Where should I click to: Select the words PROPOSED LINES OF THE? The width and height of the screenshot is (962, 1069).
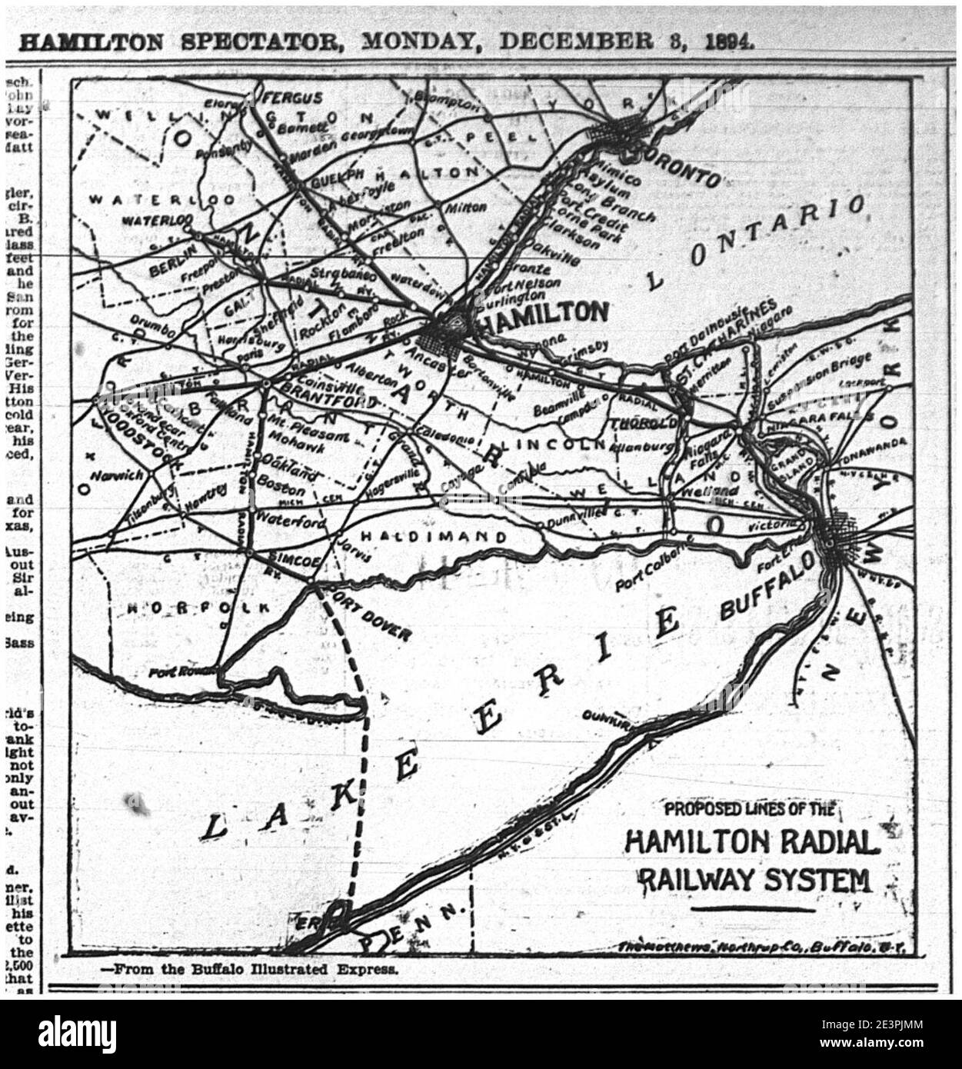[x=749, y=809]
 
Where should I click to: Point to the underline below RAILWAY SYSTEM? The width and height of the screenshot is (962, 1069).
[x=753, y=909]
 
